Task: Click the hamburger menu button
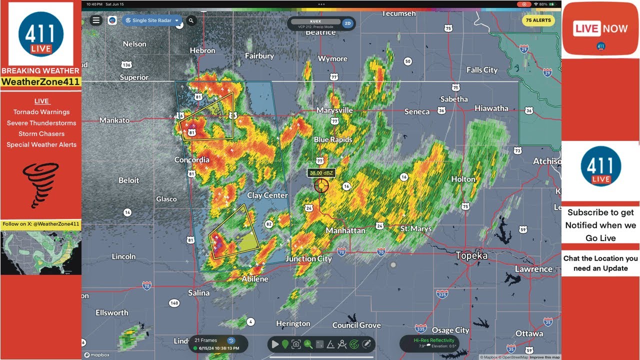(96, 20)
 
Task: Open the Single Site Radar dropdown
(152, 20)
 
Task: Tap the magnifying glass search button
(191, 20)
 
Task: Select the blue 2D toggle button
(348, 23)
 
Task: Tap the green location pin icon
(285, 344)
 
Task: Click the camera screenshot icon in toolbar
(296, 344)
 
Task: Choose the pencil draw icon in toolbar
(367, 344)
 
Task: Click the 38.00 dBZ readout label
(321, 173)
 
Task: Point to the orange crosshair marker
(321, 186)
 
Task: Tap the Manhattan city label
(345, 230)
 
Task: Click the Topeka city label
(471, 255)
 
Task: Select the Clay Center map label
(267, 195)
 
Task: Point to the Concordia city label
(191, 160)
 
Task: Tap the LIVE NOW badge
(600, 28)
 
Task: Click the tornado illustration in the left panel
(41, 185)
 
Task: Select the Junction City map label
(308, 258)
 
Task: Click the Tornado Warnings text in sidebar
(41, 112)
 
